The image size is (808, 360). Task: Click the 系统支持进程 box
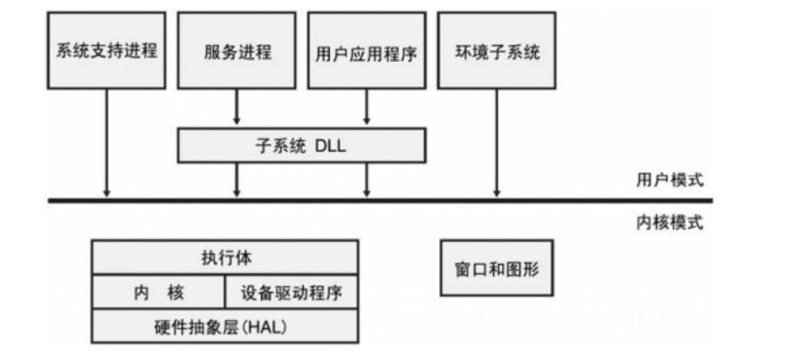point(106,50)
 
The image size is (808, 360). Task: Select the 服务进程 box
point(237,50)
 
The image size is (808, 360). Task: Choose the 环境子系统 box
point(496,50)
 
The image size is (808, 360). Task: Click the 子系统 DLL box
point(301,145)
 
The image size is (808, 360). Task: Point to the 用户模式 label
point(669,181)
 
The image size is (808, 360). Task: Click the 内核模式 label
point(669,223)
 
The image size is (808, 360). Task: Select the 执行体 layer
point(225,257)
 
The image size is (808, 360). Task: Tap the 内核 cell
point(159,292)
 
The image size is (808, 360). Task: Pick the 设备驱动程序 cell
point(290,292)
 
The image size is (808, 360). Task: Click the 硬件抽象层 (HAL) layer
point(225,327)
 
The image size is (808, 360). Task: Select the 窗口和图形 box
point(496,269)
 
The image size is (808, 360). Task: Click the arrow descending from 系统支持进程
point(106,139)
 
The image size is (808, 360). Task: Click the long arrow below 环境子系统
point(497,139)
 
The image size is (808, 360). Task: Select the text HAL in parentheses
point(266,327)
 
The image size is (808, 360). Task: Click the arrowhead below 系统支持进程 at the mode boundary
point(106,191)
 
